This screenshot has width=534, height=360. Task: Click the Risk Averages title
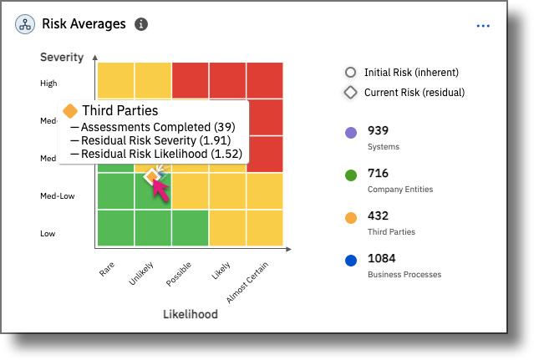point(84,24)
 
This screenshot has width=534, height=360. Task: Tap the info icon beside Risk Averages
point(141,24)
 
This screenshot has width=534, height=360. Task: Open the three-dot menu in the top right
point(483,26)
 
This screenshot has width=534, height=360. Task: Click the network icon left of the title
point(24,24)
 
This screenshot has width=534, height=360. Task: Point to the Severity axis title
point(62,57)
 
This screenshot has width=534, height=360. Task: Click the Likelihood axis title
point(190,314)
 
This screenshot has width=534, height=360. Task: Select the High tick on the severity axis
point(48,83)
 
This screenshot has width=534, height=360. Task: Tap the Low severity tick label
point(48,234)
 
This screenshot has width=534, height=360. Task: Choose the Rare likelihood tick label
point(106,269)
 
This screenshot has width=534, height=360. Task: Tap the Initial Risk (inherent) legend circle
point(350,73)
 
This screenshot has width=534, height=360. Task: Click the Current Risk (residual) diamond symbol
point(350,93)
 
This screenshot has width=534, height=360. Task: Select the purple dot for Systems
point(350,133)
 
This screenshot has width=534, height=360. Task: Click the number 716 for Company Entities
point(379,173)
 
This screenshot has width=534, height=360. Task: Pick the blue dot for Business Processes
point(350,260)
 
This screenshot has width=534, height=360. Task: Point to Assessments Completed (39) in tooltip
point(153,127)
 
